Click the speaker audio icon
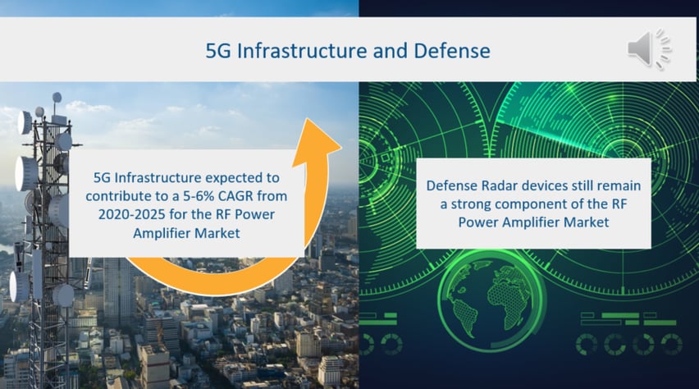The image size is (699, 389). point(649,48)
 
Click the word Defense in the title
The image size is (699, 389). point(452,50)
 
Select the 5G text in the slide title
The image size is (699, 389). point(218,50)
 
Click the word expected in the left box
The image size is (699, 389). point(235,178)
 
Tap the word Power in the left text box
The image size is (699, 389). point(254,214)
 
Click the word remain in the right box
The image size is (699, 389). point(619,185)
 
